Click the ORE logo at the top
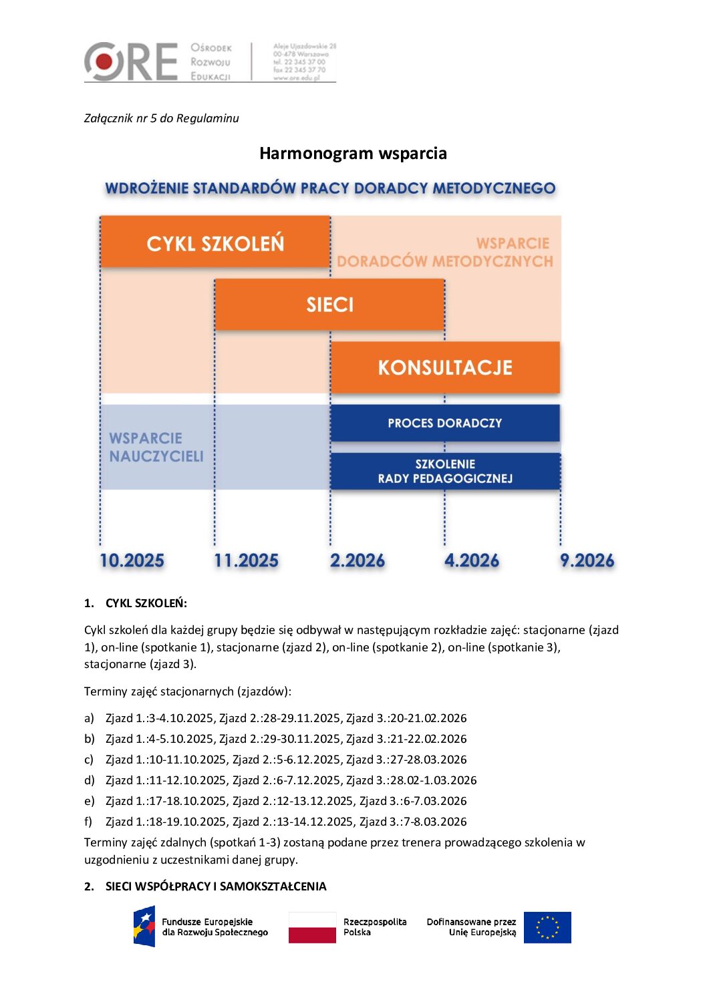pyautogui.click(x=131, y=61)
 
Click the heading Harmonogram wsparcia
pyautogui.click(x=353, y=154)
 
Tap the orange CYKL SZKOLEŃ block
pyautogui.click(x=215, y=242)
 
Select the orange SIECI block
pyautogui.click(x=329, y=305)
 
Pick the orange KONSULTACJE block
pyautogui.click(x=445, y=367)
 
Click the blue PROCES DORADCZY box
pyautogui.click(x=445, y=423)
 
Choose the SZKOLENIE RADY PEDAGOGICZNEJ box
pyautogui.click(x=445, y=471)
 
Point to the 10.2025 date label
pyautogui.click(x=132, y=560)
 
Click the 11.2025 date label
pyautogui.click(x=246, y=560)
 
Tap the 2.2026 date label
pyautogui.click(x=358, y=560)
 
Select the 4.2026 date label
pyautogui.click(x=472, y=560)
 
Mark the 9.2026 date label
pyautogui.click(x=587, y=560)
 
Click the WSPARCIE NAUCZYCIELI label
pyautogui.click(x=156, y=447)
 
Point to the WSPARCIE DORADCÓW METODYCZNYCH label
pyautogui.click(x=446, y=252)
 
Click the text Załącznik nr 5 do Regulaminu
pyautogui.click(x=161, y=118)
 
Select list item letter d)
pyautogui.click(x=90, y=780)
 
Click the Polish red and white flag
pyautogui.click(x=312, y=927)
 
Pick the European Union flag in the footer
pyautogui.click(x=547, y=927)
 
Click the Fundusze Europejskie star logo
pyautogui.click(x=144, y=926)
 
